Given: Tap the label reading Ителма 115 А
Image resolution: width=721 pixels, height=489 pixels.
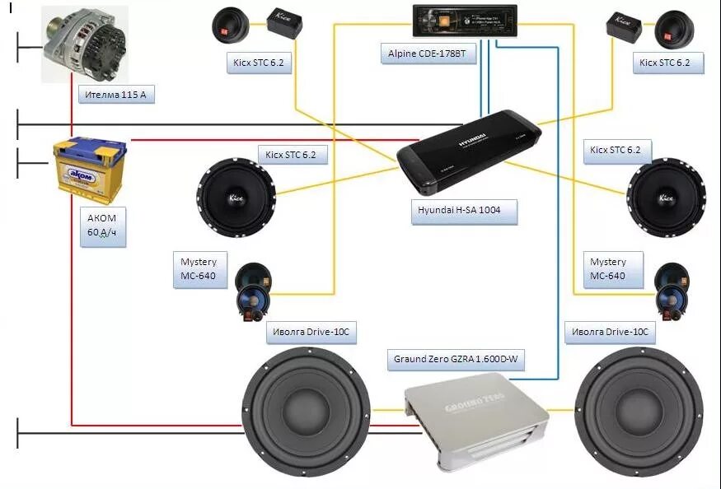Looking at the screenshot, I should (115, 95).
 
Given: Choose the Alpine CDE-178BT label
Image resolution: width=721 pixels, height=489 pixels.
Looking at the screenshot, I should (432, 54).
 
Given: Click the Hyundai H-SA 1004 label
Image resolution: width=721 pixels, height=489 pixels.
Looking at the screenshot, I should (465, 210).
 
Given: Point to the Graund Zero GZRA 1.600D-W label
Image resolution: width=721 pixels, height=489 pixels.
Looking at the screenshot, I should (457, 359).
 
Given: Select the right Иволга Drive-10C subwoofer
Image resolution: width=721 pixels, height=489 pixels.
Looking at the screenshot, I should (639, 411).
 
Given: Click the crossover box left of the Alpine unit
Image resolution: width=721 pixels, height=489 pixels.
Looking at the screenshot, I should (285, 24).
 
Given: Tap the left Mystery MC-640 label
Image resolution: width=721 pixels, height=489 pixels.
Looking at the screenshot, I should (199, 268).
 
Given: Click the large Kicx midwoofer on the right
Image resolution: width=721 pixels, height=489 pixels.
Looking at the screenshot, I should (666, 198).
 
